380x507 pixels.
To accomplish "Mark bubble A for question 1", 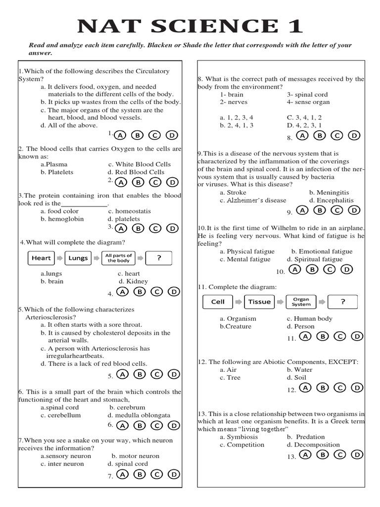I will [x=121, y=135].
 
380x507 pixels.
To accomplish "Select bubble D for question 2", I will [x=172, y=182].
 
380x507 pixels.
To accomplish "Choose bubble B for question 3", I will [x=138, y=228].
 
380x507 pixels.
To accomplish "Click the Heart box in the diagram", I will [x=41, y=258].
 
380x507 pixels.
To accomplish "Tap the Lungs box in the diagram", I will [x=78, y=258].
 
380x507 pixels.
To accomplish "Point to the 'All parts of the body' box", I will [x=119, y=258].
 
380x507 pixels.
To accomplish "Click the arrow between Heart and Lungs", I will [x=59, y=258].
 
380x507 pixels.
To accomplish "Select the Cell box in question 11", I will [x=218, y=302].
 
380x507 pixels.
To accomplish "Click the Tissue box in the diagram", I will [x=259, y=302].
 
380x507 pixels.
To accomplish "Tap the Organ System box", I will [x=301, y=302].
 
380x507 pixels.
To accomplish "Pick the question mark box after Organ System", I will [x=342, y=302].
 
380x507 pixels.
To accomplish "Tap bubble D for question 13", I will [x=356, y=455].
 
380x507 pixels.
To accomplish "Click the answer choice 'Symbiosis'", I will [x=241, y=437].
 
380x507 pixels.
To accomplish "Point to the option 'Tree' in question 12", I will [x=233, y=377].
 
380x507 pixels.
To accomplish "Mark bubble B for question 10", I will [x=312, y=269].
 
